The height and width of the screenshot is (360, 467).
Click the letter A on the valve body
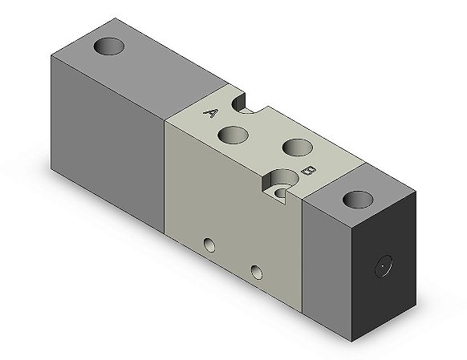[210, 113]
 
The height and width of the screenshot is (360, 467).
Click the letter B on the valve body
[309, 171]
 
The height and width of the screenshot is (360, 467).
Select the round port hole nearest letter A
[233, 135]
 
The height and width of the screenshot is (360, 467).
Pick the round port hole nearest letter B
[298, 148]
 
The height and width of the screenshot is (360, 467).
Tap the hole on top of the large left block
[108, 47]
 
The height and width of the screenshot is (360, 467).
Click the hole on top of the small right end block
[358, 200]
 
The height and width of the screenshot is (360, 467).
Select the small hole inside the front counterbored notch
[281, 193]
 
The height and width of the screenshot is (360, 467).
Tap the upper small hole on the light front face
[209, 245]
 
